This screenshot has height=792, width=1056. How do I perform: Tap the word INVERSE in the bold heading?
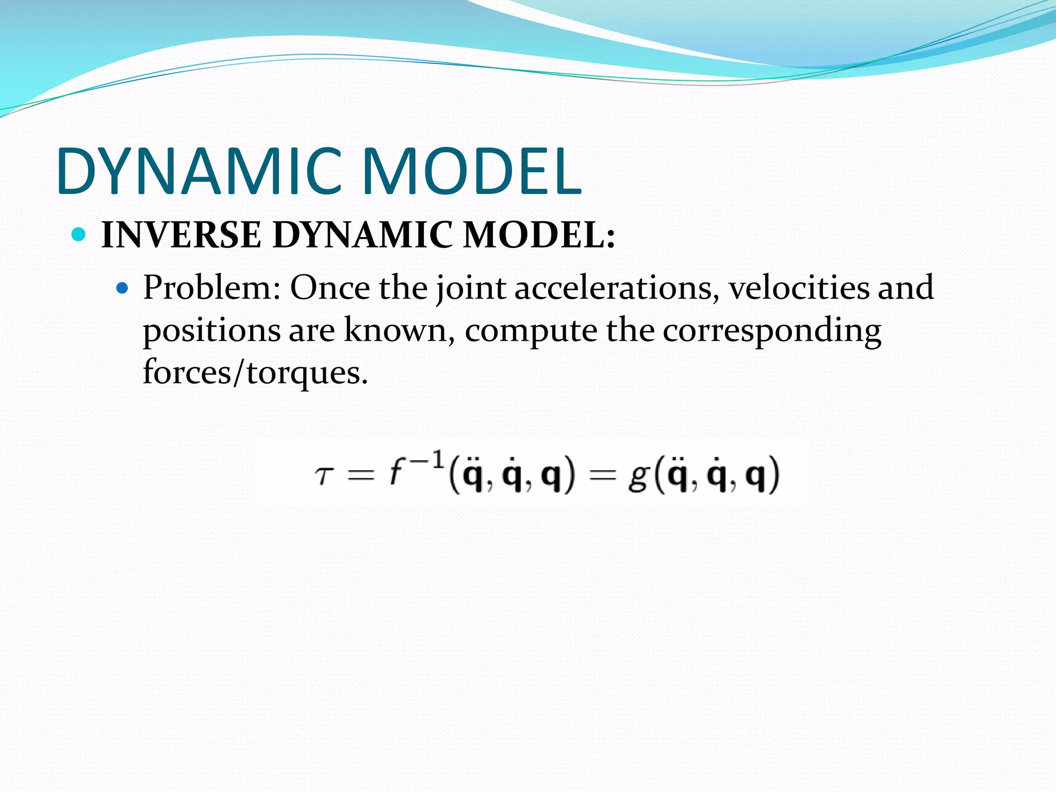(181, 235)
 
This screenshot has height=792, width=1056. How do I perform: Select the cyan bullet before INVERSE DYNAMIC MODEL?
(78, 235)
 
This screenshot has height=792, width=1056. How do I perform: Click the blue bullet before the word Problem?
(122, 288)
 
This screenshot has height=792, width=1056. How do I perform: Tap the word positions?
(211, 331)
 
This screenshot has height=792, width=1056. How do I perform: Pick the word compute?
(531, 331)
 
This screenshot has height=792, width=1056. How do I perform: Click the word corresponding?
(772, 331)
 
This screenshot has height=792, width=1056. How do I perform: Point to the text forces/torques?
(255, 372)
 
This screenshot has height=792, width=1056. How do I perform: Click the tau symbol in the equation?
(323, 475)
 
